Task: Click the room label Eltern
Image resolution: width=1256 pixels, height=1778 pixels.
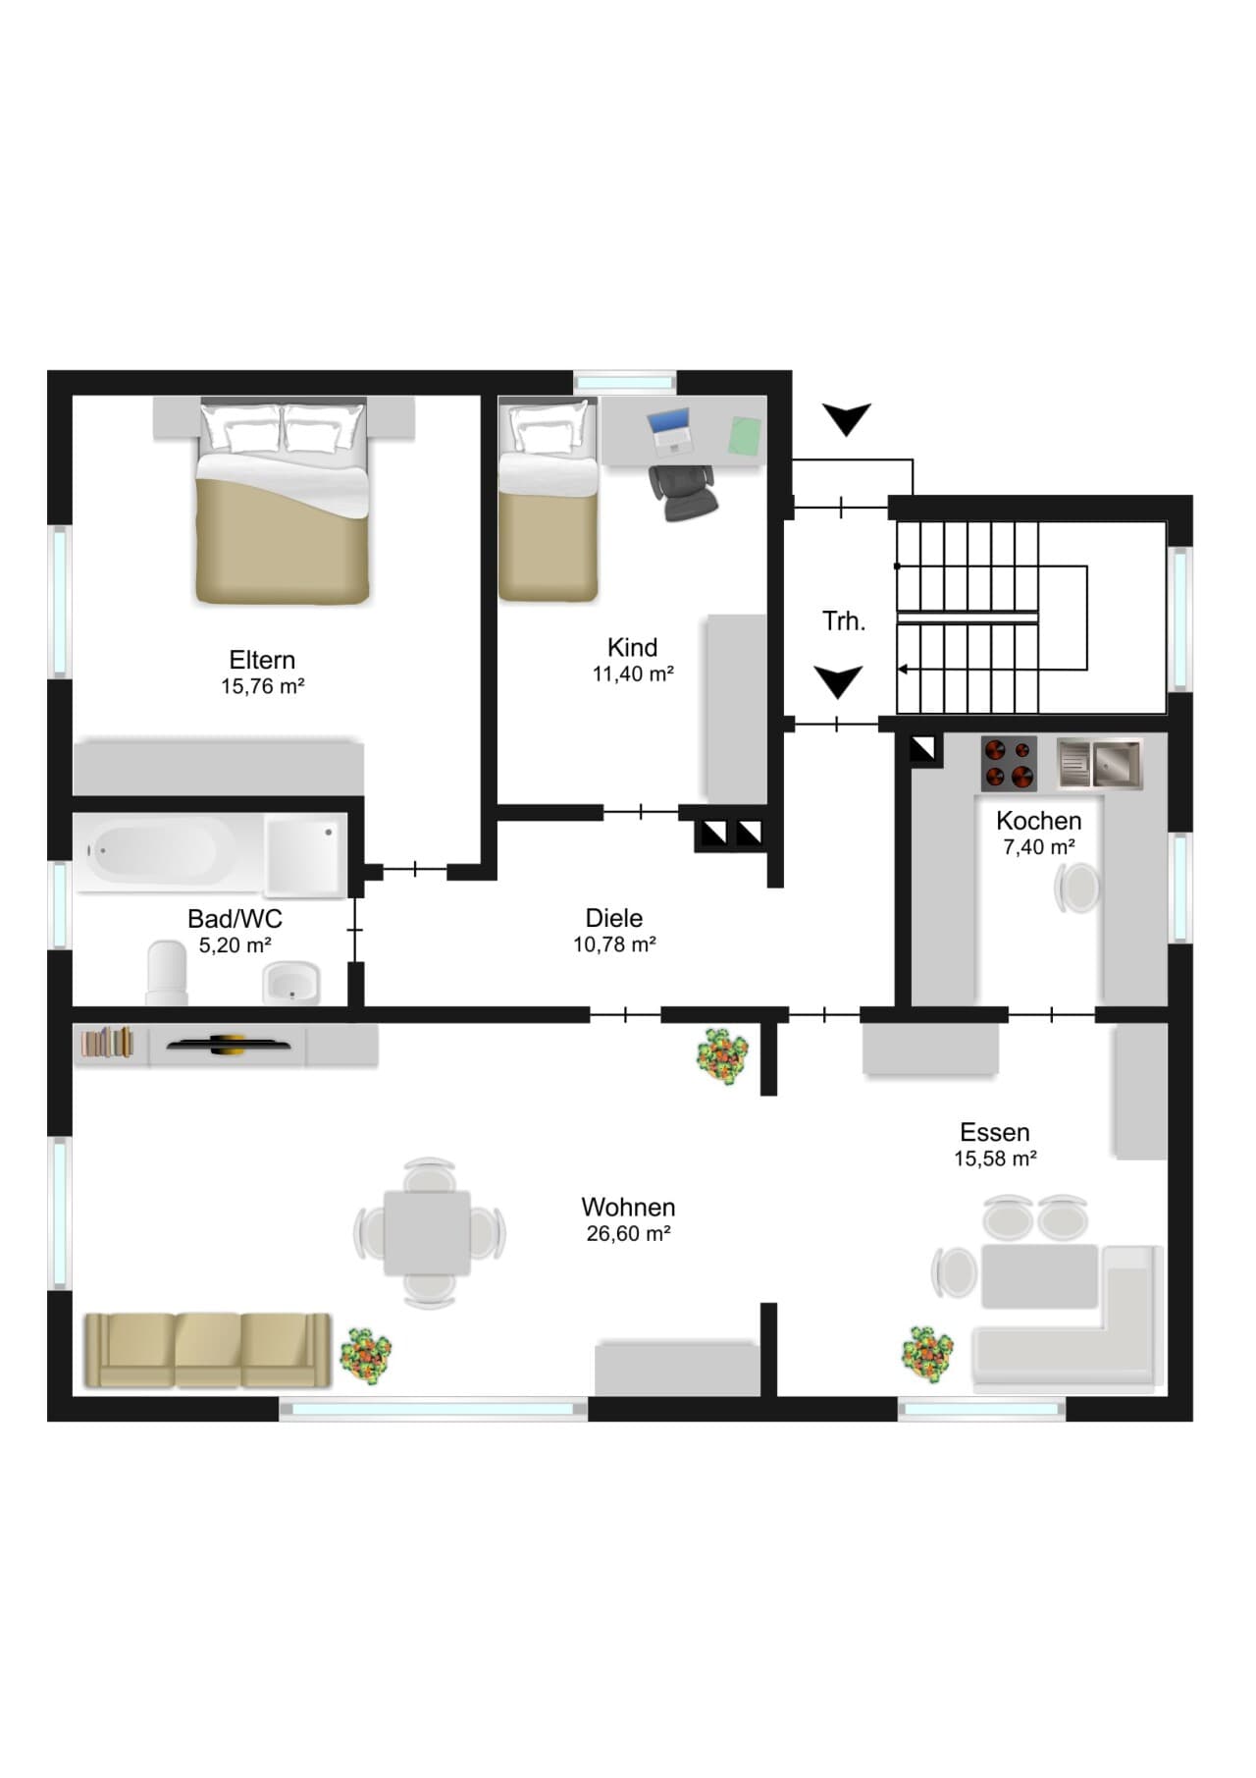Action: point(262,660)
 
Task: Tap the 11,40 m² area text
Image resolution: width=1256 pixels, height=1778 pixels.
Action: point(633,673)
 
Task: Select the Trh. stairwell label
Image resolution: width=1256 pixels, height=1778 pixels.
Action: point(844,621)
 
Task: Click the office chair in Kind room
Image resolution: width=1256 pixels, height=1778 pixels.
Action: point(683,491)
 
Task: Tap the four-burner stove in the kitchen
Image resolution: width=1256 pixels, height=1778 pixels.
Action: point(1009,764)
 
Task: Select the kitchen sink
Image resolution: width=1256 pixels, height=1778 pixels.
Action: point(1100,764)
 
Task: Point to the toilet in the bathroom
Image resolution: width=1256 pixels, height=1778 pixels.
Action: point(167,973)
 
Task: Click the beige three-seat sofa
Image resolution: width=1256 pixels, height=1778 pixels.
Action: point(207,1350)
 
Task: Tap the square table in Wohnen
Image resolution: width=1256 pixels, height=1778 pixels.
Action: point(427,1233)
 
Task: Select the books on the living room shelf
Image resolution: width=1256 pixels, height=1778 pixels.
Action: point(107,1042)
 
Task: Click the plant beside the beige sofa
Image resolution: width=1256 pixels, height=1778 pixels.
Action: point(365,1356)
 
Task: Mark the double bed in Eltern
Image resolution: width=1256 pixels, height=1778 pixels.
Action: point(283,500)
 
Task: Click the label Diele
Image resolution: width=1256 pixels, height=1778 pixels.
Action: point(614,918)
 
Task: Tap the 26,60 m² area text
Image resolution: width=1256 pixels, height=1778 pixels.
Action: point(629,1233)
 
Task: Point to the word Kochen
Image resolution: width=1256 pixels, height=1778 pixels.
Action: point(1039,821)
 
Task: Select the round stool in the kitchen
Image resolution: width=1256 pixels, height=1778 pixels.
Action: point(1077,889)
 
